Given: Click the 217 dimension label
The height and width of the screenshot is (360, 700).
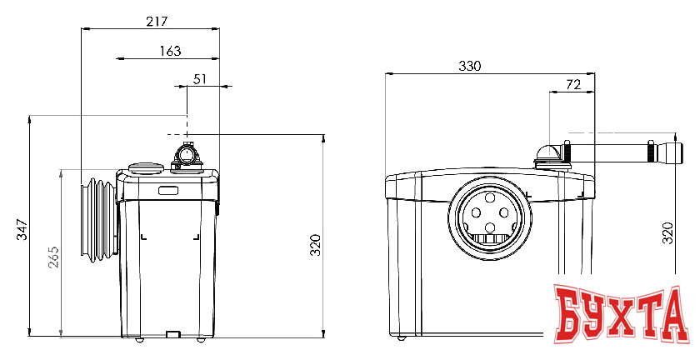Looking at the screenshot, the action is (x=157, y=21).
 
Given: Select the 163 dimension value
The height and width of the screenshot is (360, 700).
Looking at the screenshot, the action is (x=171, y=51).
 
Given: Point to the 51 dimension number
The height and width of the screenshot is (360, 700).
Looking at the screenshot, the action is (x=200, y=79).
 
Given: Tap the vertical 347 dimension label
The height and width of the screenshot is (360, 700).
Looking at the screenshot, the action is (x=22, y=229).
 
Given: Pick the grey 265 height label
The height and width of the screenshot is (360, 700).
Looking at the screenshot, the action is (x=53, y=257).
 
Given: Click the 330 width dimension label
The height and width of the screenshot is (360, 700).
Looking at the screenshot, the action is (x=470, y=66).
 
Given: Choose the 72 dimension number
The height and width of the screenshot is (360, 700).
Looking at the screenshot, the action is (x=573, y=84).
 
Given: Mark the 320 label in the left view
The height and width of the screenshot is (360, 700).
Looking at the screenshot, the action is (x=316, y=245).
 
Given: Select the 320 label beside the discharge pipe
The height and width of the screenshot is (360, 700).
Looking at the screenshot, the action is (x=667, y=232).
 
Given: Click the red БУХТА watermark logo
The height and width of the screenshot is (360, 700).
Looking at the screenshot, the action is (x=620, y=315).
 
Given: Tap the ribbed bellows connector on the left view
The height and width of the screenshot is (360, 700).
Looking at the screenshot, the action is (x=98, y=220).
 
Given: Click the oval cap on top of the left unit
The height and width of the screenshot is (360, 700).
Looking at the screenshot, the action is (x=146, y=168).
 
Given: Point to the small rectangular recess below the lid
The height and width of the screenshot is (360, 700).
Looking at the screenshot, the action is (x=167, y=190).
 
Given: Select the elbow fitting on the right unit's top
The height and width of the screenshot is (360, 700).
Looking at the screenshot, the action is (x=548, y=155).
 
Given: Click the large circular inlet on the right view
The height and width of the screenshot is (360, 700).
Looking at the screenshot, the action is (x=490, y=219).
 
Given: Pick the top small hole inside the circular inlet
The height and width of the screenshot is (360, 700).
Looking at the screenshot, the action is (x=490, y=197).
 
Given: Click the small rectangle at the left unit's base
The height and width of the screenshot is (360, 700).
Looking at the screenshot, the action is (x=172, y=333).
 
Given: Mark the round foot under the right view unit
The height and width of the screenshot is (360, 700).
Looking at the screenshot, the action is (x=402, y=338).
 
